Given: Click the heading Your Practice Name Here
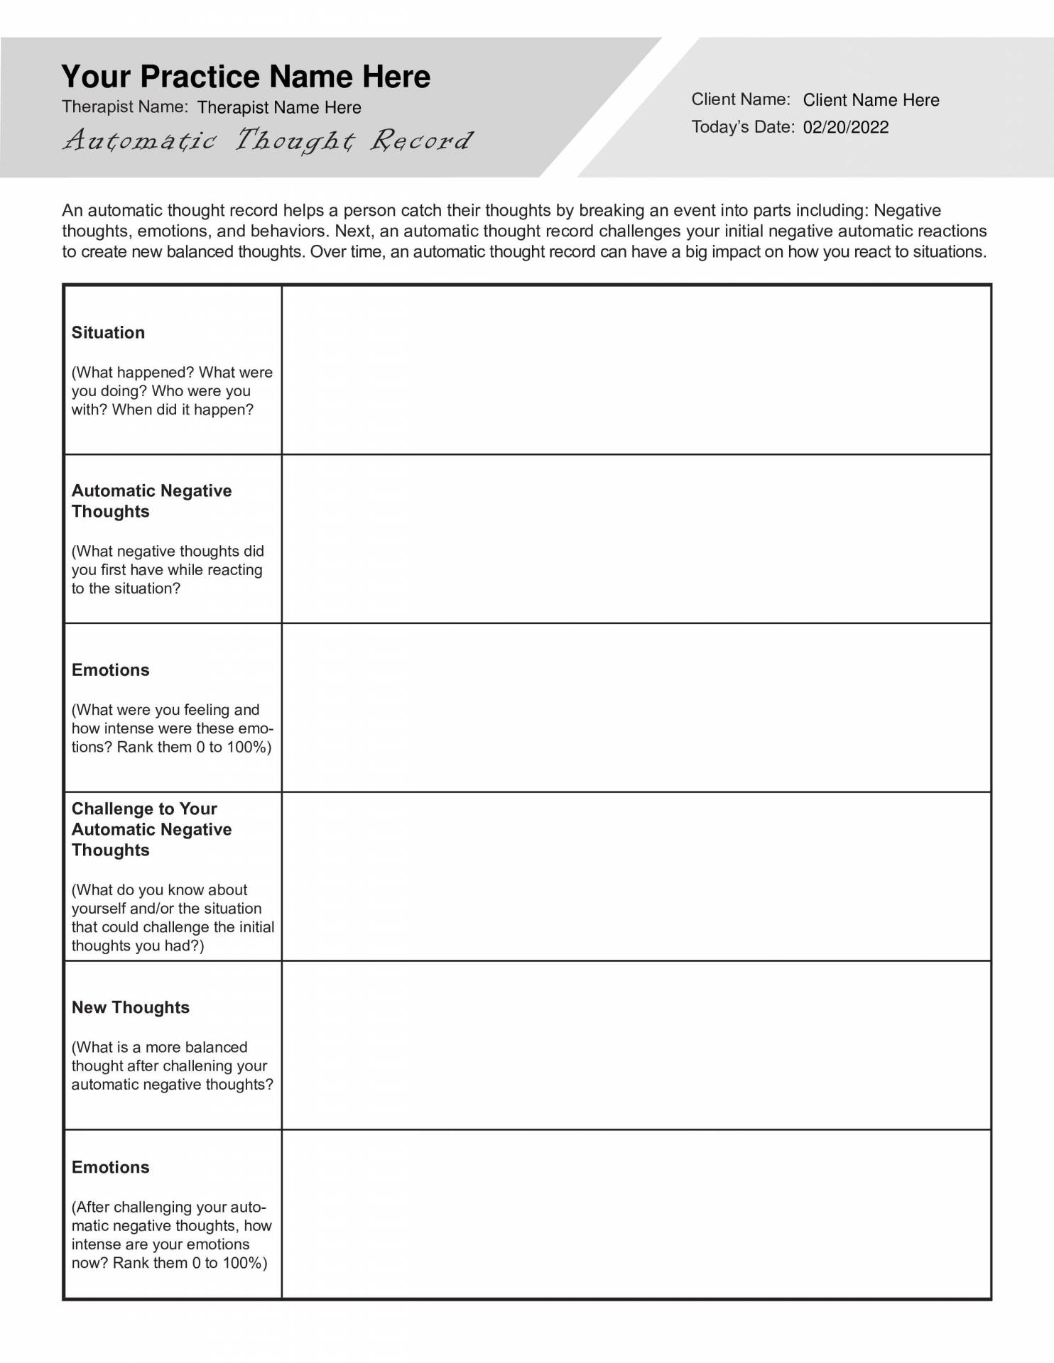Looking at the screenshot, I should pos(246,77).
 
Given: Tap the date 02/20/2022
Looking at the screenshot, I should pos(845,128).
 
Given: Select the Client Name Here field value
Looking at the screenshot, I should pos(871,100).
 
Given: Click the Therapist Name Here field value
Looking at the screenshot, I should pos(279,108).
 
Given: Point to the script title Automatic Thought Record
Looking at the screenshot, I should pos(267,141).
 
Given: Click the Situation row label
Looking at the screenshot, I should pos(108,333).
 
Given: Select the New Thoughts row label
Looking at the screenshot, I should pos(131,1007).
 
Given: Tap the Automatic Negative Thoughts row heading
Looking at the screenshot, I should pos(151,501).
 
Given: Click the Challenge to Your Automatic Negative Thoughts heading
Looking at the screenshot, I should pos(151,829).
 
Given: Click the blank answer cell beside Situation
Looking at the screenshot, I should pos(636,370).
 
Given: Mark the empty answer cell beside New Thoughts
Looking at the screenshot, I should pos(636,1045).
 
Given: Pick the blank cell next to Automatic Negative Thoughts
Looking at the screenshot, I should pos(636,539).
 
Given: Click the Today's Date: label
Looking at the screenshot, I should pos(742,127).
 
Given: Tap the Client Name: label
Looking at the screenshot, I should pos(740,99).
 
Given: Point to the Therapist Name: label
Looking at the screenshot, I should pos(124,107).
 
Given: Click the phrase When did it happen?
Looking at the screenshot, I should pos(183,410).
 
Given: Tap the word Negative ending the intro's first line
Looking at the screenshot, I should pos(907,211).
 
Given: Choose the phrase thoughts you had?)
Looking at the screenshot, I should pos(138,946).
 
